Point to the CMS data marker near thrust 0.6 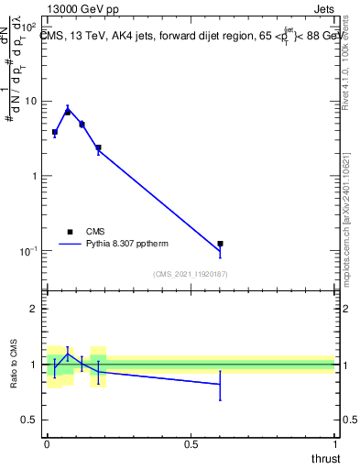(220, 244)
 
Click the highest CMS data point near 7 (68, 111)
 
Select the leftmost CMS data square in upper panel (54, 132)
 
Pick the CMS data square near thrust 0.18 (98, 147)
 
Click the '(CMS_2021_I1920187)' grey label (190, 274)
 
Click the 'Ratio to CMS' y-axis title (16, 365)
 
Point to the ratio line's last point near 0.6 (220, 385)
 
